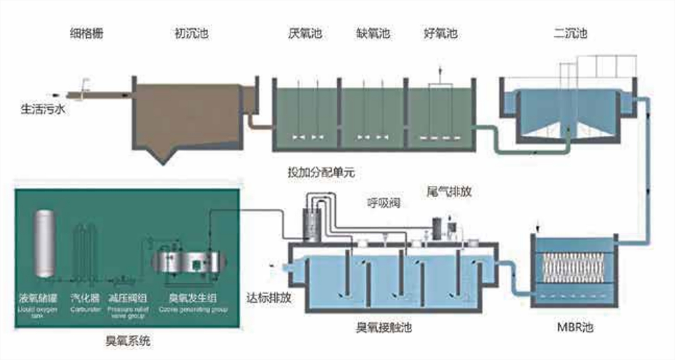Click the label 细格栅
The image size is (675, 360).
coord(87,34)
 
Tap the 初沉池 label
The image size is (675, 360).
coord(191,34)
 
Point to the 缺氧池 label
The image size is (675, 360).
coord(373,34)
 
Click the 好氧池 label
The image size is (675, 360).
coord(441,34)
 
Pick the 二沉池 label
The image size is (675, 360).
coord(570,34)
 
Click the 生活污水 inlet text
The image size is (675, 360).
coord(43,110)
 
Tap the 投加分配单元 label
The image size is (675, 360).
coord(321,173)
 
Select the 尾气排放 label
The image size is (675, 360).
coord(449,192)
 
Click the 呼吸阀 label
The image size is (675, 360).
coord(383,202)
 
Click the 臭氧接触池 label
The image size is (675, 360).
coord(384,328)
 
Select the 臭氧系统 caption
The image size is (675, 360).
coord(128,342)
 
